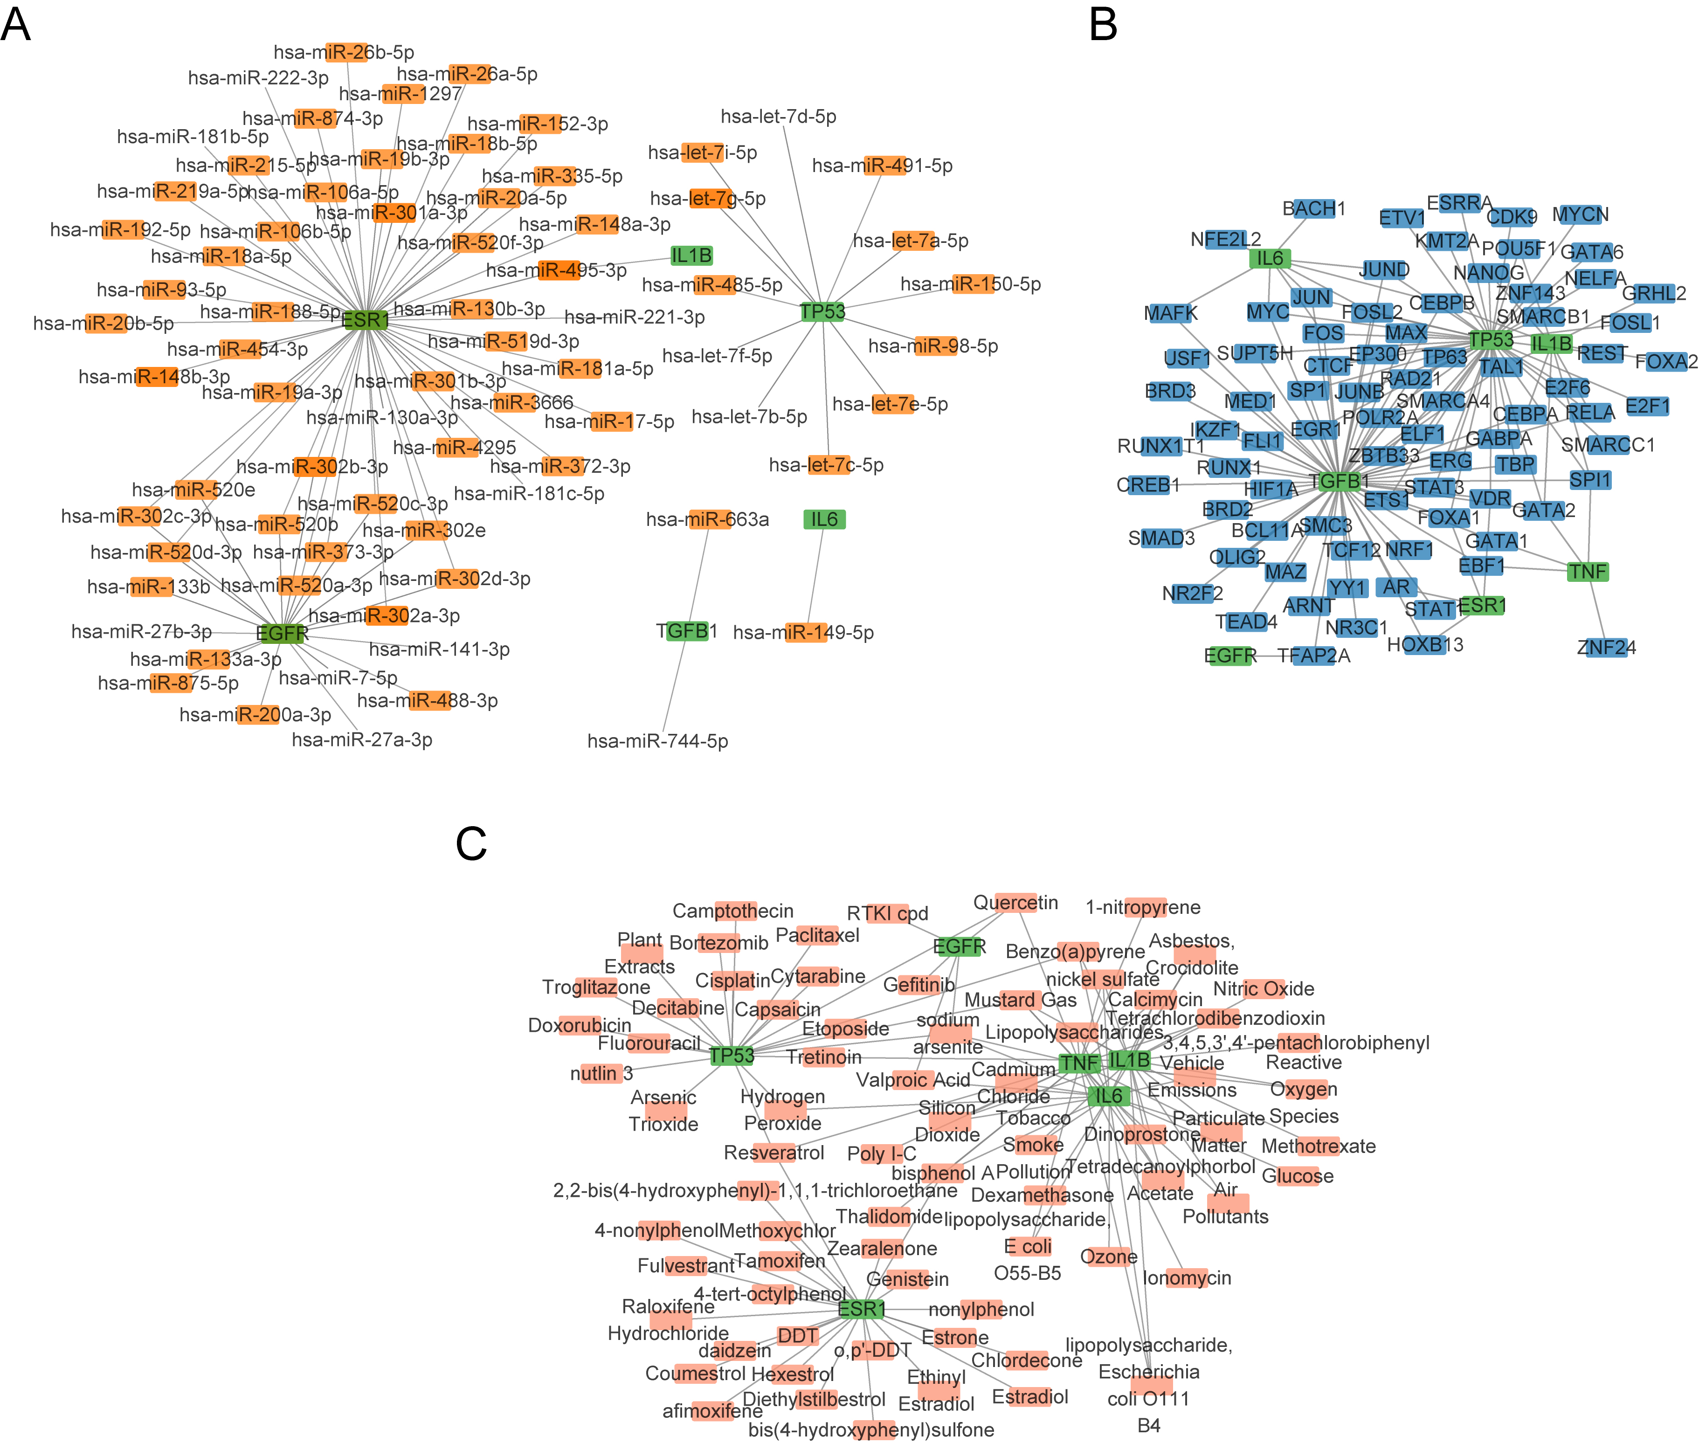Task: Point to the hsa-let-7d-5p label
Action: coord(778,117)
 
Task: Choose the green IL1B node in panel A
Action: coord(691,256)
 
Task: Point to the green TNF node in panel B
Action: coord(1588,572)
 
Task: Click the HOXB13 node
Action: coord(1425,645)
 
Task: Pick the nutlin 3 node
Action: coord(601,1073)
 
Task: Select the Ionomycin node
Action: coord(1186,1278)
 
